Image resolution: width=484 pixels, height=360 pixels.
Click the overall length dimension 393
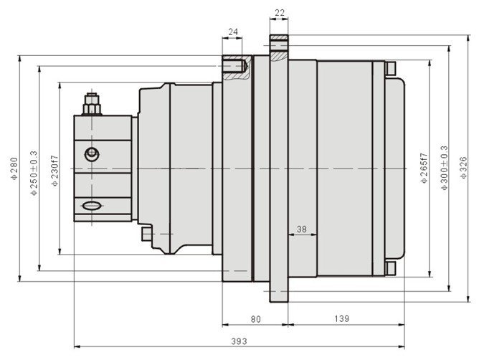coord(239,341)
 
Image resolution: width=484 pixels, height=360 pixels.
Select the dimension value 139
coord(342,318)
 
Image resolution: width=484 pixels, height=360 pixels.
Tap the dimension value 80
coord(255,319)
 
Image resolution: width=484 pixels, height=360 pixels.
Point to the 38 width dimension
coord(302,229)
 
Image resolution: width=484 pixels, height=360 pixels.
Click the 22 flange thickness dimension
coord(280,13)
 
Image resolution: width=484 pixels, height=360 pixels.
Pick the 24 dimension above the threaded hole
coord(233,32)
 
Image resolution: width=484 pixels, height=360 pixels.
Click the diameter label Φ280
coord(14,169)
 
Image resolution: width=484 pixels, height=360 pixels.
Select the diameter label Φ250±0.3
coord(34,173)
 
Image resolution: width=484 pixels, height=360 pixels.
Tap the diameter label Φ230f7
coord(54,171)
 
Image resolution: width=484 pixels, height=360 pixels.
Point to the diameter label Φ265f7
coord(424,169)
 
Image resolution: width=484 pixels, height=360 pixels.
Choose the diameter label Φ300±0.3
coord(444,168)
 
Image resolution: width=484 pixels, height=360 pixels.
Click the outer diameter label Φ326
coord(463,168)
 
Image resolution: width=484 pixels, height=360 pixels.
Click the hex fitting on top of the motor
coord(92,104)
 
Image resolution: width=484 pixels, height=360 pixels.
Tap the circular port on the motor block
coord(92,154)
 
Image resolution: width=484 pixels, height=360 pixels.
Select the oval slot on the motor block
coord(91,206)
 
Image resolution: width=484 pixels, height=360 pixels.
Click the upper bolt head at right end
coord(390,69)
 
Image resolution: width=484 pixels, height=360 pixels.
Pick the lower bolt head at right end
coord(390,269)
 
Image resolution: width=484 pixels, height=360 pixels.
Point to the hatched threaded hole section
coord(236,67)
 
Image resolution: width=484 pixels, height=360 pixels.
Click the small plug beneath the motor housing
coord(146,234)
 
